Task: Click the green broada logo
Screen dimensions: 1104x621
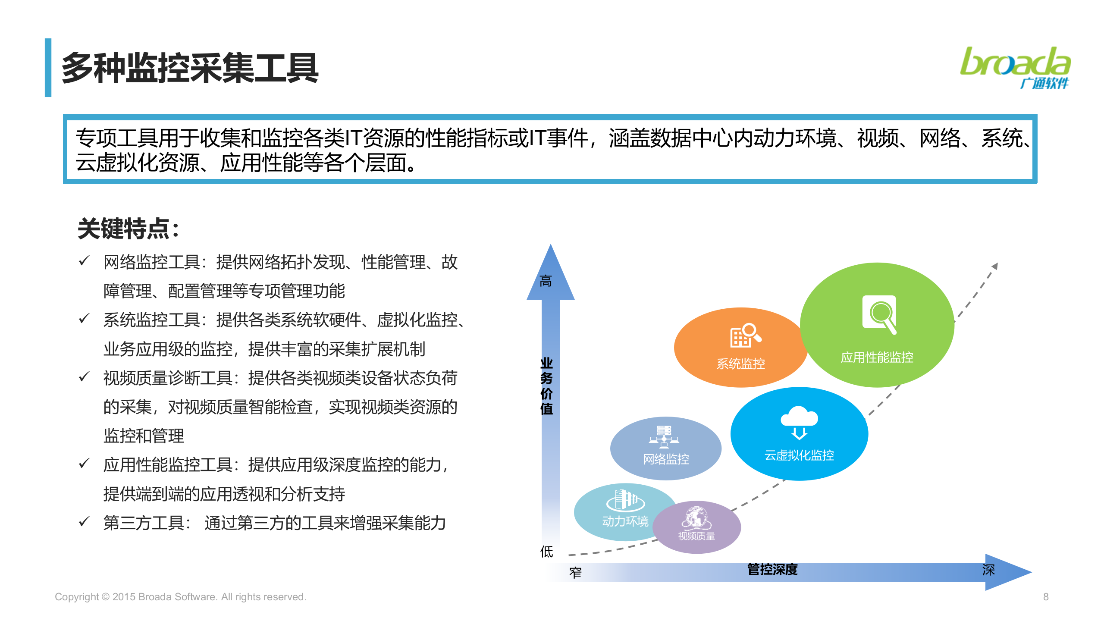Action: coord(1015,67)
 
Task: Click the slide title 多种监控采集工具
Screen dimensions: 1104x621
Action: coord(190,68)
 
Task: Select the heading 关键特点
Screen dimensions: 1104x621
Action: coord(128,229)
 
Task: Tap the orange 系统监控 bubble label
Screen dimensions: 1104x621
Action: coord(740,364)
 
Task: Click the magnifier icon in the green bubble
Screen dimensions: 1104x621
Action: coord(880,314)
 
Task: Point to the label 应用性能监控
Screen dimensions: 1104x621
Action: coord(877,357)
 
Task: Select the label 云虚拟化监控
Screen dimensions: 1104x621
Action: coord(799,455)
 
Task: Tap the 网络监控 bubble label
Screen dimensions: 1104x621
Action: coord(666,459)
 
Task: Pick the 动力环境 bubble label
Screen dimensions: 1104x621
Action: coord(625,521)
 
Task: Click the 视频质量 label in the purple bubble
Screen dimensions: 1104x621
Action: coord(696,536)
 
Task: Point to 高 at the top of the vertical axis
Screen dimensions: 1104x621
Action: coord(546,281)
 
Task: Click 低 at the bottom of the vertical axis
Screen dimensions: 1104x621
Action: coord(546,551)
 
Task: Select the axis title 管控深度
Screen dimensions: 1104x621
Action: coord(772,569)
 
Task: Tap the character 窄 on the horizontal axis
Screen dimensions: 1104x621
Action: coord(575,572)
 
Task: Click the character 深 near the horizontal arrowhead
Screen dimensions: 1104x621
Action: coord(988,570)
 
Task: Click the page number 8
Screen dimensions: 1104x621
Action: coord(1046,597)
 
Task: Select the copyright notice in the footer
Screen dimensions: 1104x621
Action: coord(180,597)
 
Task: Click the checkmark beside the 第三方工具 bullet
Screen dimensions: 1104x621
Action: coord(84,521)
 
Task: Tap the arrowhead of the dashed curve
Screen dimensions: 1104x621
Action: coord(995,266)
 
